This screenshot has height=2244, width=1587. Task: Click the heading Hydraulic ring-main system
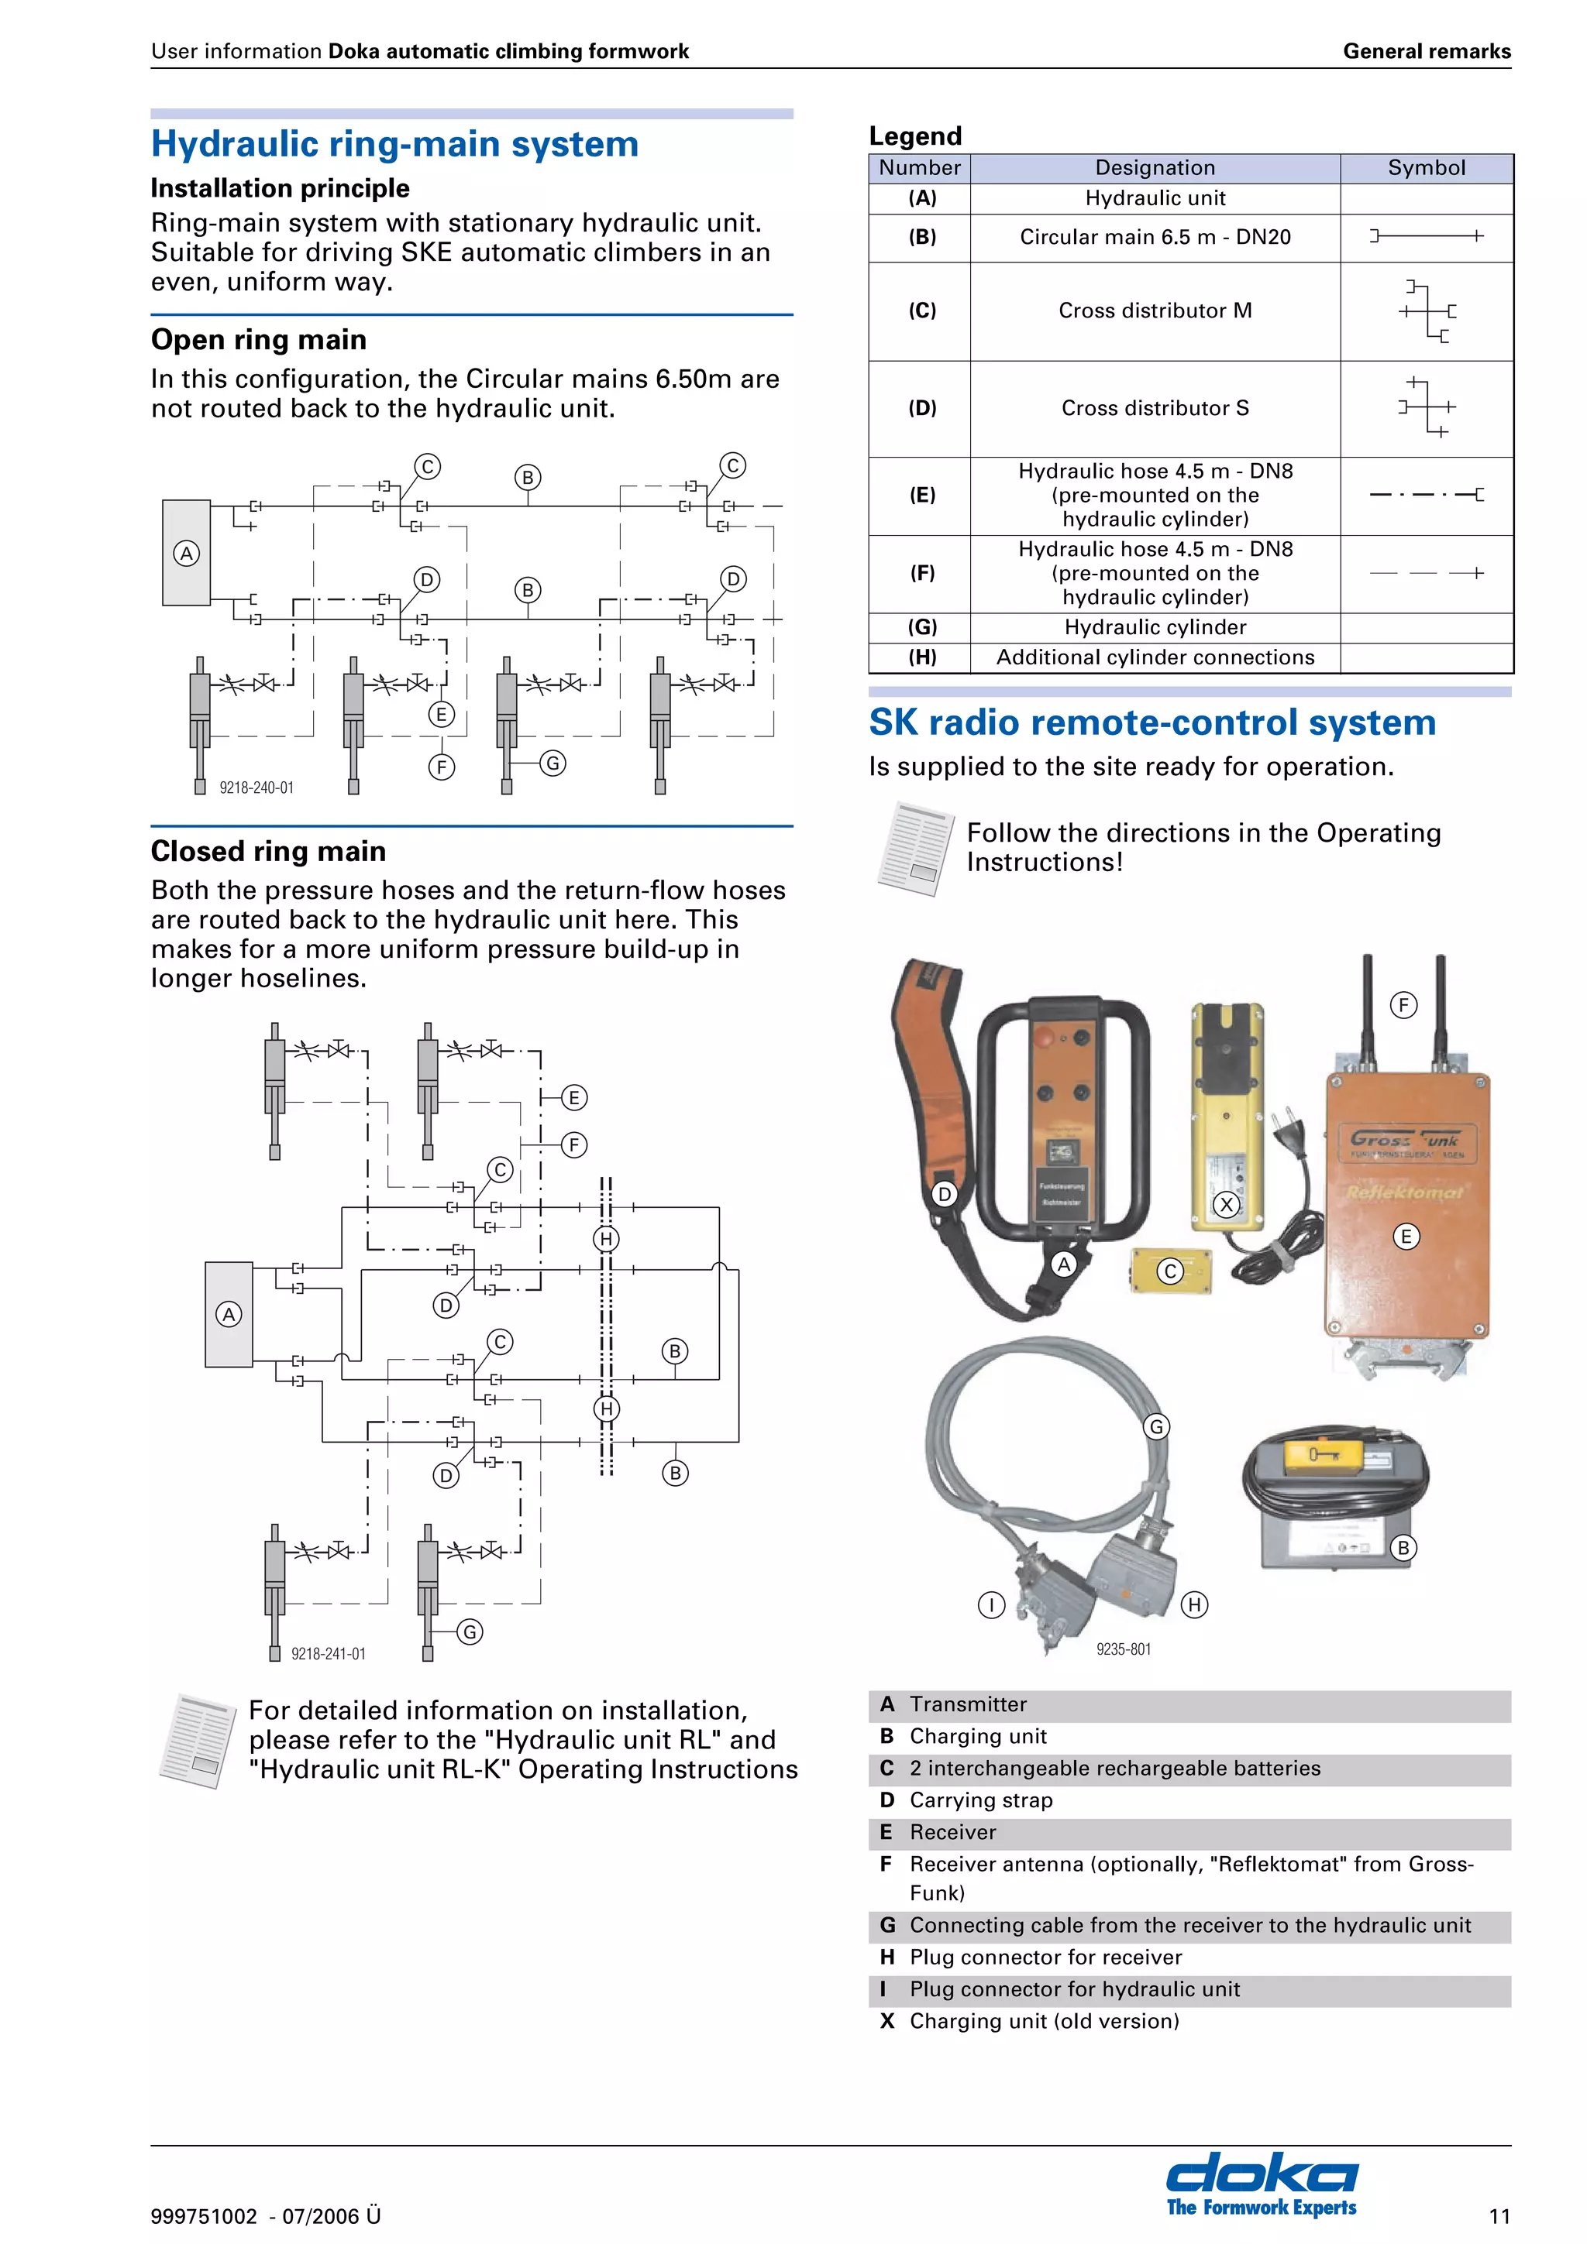tap(394, 145)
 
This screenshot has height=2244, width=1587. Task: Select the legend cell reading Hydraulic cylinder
tap(1154, 627)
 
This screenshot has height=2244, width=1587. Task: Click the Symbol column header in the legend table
tap(1426, 168)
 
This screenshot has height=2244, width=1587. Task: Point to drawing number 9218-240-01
tap(256, 787)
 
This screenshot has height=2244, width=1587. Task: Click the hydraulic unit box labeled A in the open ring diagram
tap(186, 553)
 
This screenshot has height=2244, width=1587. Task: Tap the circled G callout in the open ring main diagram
tap(553, 763)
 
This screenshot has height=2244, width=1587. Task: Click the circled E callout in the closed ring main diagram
tap(574, 1097)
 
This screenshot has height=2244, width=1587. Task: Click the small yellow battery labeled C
tap(1169, 1271)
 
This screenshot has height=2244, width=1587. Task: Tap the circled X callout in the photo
tap(1225, 1205)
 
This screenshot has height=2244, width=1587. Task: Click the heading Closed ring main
tap(268, 851)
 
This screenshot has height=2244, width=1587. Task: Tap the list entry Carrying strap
tap(981, 1800)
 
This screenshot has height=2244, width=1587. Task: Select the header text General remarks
tap(1426, 52)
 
